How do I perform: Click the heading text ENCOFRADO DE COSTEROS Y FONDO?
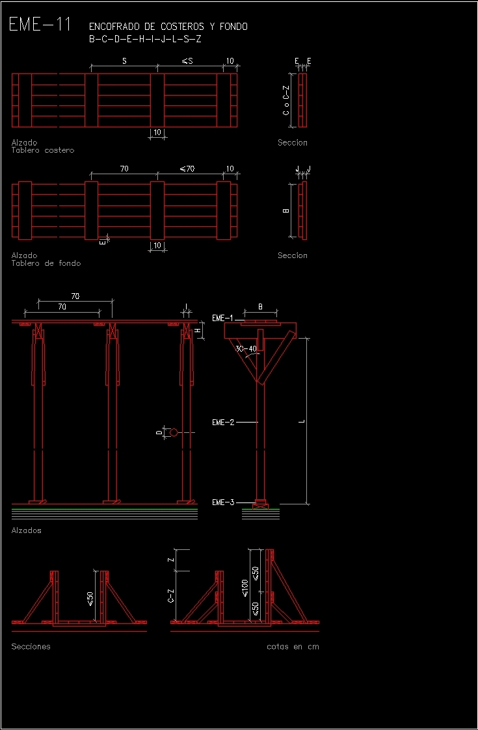pos(168,27)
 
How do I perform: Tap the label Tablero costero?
pos(43,150)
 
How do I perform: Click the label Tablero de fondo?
pos(46,263)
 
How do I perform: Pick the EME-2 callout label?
pos(222,422)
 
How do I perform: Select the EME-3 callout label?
pos(222,502)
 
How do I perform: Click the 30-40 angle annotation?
pos(246,349)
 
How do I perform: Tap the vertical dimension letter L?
pos(302,421)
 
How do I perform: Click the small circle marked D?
pos(174,432)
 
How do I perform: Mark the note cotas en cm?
pos(293,647)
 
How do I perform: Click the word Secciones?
pos(31,647)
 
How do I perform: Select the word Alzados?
pos(26,530)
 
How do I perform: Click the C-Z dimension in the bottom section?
pos(170,595)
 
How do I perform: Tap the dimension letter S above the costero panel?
pos(124,61)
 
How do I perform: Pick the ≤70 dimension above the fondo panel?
pos(187,169)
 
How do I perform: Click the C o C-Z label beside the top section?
pos(285,100)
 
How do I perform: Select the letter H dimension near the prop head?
pos(198,330)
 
